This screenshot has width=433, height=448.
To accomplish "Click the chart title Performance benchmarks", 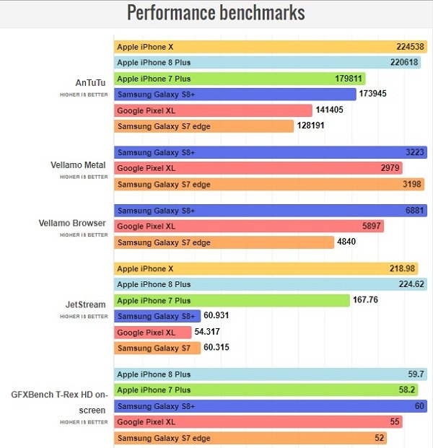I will [216, 13].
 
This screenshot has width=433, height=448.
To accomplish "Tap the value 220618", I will [405, 63].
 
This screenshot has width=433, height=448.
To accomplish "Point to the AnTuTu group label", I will [90, 82].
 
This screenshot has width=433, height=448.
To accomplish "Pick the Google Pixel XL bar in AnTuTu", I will [213, 110].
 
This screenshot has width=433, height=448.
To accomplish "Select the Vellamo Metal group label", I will [81, 164].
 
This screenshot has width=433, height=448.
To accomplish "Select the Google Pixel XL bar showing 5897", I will [249, 227].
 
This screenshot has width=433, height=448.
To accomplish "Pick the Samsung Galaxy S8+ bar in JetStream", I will [157, 316].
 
